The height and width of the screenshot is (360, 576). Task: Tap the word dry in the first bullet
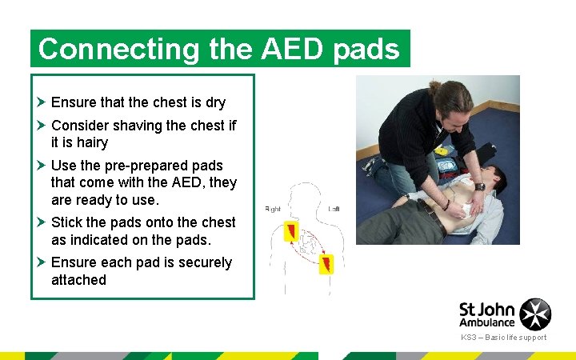[x=214, y=102]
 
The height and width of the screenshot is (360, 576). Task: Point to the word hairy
[x=90, y=142]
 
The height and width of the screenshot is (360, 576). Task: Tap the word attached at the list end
[x=78, y=280]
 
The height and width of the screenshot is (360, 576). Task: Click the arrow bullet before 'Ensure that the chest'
[x=41, y=102]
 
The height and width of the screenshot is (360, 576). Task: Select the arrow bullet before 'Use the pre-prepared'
[x=41, y=166]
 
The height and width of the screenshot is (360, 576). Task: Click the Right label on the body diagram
[x=273, y=210]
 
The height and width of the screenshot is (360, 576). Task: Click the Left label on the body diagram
[x=334, y=210]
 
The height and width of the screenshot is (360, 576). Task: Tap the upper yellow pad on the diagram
[x=291, y=232]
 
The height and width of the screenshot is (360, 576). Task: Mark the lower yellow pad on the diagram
[x=326, y=263]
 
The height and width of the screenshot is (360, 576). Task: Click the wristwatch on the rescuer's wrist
[x=479, y=186]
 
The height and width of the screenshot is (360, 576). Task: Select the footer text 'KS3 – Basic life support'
[x=503, y=338]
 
